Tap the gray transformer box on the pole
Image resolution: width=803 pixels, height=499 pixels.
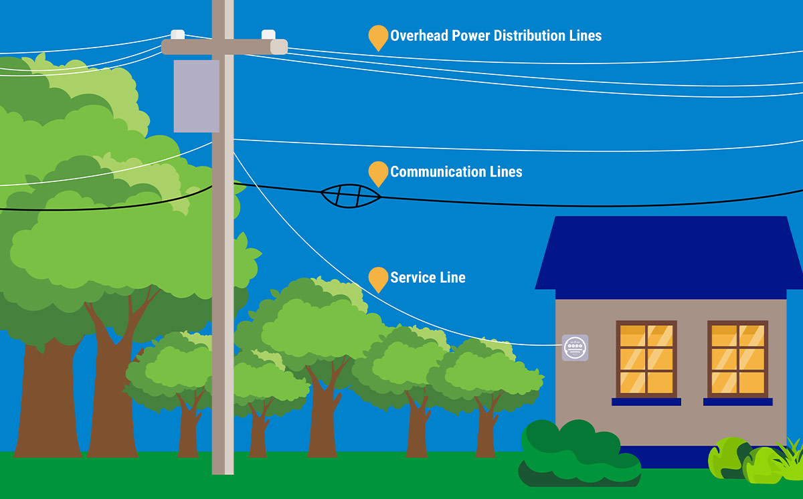point(196,96)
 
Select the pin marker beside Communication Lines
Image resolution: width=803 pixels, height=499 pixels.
point(378,173)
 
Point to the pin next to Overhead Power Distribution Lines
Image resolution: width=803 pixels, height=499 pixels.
point(378,37)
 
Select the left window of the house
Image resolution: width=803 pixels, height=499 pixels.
point(646,359)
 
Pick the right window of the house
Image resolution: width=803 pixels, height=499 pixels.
point(737,359)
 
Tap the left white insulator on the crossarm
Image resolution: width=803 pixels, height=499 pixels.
point(177,34)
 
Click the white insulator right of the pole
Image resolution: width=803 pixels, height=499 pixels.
point(268,34)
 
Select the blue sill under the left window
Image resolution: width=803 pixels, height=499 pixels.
point(646,402)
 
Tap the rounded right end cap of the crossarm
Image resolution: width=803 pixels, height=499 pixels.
point(279,47)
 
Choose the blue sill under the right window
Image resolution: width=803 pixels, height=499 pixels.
point(737,402)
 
